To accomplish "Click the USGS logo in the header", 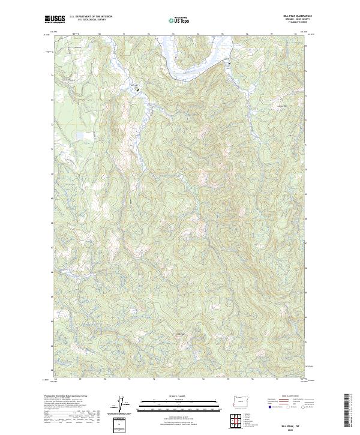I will pos(55,19).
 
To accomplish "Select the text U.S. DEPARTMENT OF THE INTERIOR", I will pos(91,17).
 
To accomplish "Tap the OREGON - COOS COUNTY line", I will pos(296,19).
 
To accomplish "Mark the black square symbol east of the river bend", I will pos(228,62).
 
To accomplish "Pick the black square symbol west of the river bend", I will pos(138,89).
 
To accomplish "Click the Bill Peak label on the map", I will pos(180,334).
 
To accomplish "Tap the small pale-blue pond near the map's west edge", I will pos(79,136).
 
